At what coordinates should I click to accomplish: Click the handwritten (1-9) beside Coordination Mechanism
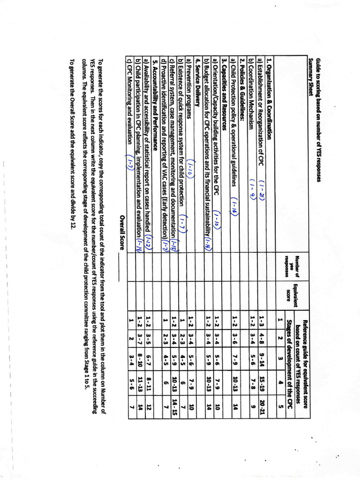pyautogui.click(x=253, y=188)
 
